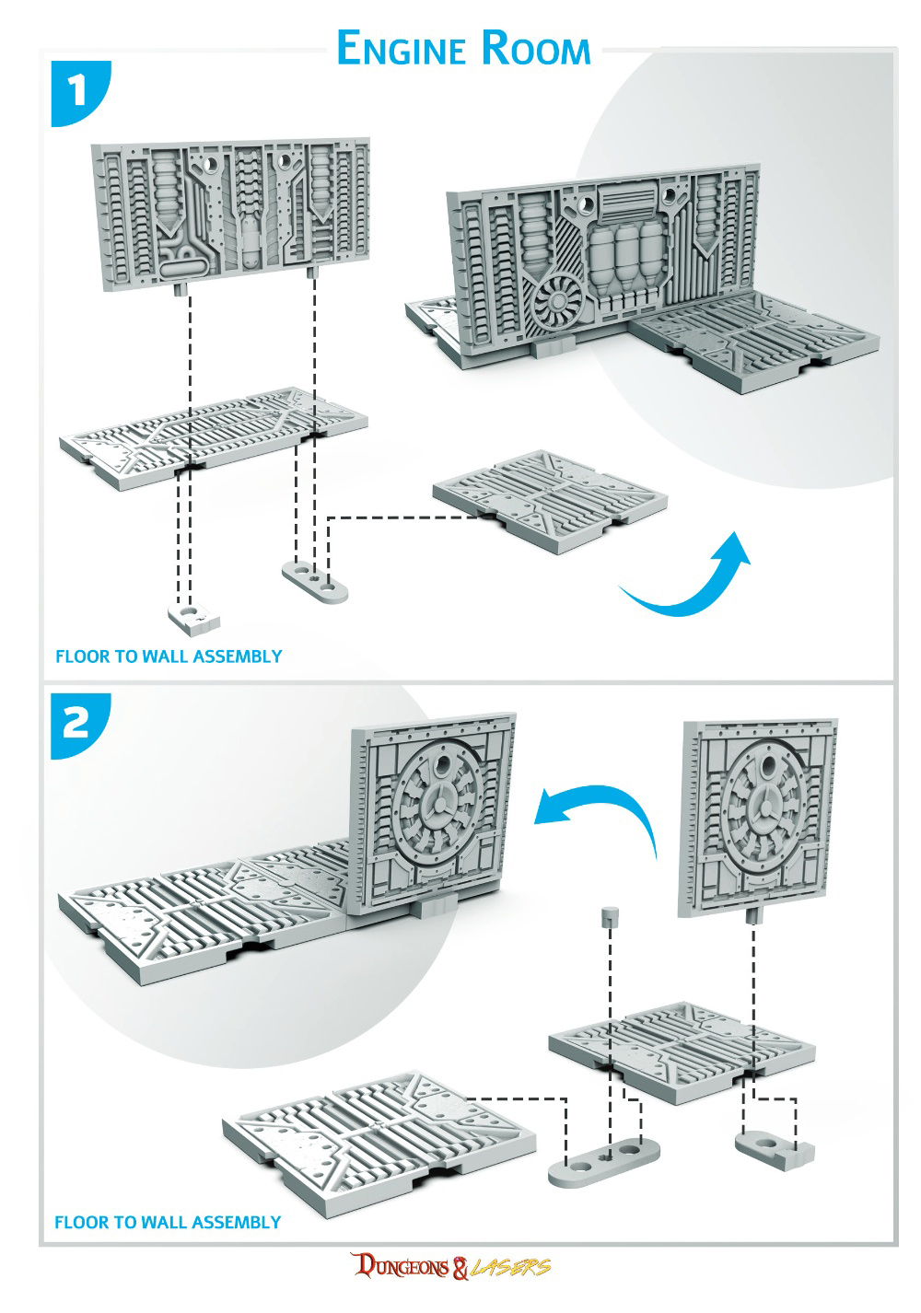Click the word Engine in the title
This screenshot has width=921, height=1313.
tap(402, 48)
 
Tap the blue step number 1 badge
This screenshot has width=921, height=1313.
tap(80, 93)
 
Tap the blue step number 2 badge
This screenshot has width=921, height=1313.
tap(80, 726)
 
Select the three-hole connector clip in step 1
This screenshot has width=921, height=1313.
tap(315, 582)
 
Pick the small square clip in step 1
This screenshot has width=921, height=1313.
tap(193, 620)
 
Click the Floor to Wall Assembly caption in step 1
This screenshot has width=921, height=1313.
tap(169, 656)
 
